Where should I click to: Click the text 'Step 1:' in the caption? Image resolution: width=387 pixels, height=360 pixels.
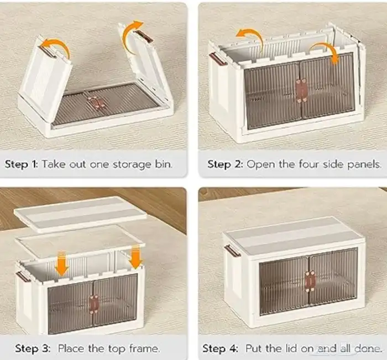pos(21,164)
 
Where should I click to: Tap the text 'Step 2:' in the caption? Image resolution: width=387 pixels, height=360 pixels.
pos(225,164)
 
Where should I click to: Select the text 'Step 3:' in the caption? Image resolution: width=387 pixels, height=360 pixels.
pos(33,348)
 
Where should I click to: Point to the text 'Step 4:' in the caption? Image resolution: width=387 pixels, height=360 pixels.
pos(221,348)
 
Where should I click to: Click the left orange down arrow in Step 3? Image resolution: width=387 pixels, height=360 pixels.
pos(61,264)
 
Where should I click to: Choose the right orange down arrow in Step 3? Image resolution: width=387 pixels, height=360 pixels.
pos(135,257)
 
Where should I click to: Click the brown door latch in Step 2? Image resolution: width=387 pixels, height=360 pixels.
pos(301,91)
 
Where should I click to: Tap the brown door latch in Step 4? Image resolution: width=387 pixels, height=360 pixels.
pos(310,282)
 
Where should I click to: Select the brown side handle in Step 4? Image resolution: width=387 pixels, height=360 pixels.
pos(232,250)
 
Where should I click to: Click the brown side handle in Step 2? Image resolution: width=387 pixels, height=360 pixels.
pos(218,59)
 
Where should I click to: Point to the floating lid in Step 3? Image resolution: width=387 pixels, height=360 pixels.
pos(80,214)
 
